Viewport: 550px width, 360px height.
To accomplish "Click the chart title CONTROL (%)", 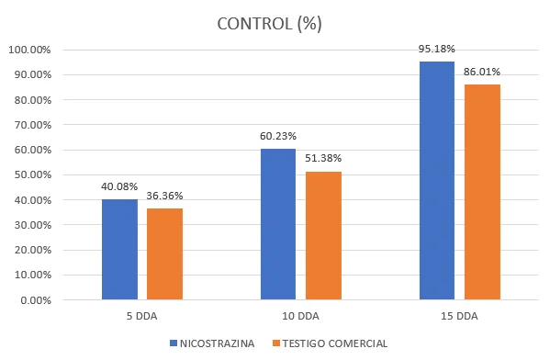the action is (269, 24).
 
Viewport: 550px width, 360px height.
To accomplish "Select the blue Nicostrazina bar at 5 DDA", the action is (119, 250).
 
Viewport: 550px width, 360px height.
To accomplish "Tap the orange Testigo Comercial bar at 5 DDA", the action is (164, 254).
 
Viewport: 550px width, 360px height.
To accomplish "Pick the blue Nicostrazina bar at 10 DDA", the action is (278, 224).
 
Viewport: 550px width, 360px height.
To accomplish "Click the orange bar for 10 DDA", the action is (323, 235).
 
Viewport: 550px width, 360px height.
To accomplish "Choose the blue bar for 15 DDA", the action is (437, 181).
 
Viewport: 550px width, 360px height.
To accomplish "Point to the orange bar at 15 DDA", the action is (482, 192).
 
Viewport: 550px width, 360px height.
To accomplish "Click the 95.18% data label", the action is (436, 49).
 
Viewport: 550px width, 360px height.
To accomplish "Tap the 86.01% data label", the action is (482, 72).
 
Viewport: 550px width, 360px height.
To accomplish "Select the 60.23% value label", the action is (278, 136).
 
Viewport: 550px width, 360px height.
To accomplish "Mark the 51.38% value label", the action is (323, 158).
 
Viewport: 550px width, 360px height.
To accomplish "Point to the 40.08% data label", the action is (119, 186).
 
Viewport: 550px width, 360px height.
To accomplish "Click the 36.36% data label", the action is (164, 196).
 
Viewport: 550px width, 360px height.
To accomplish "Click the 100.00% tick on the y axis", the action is (29, 50).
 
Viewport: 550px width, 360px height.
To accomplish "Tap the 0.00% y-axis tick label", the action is (36, 300).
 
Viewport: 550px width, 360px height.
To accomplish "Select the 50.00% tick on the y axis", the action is (33, 174).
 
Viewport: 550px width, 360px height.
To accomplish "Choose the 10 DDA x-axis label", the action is (300, 316).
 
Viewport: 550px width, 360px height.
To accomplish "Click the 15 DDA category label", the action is (459, 316).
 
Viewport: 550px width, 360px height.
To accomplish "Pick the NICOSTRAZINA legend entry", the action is (212, 343).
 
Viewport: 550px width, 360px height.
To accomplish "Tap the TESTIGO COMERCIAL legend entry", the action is (330, 343).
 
